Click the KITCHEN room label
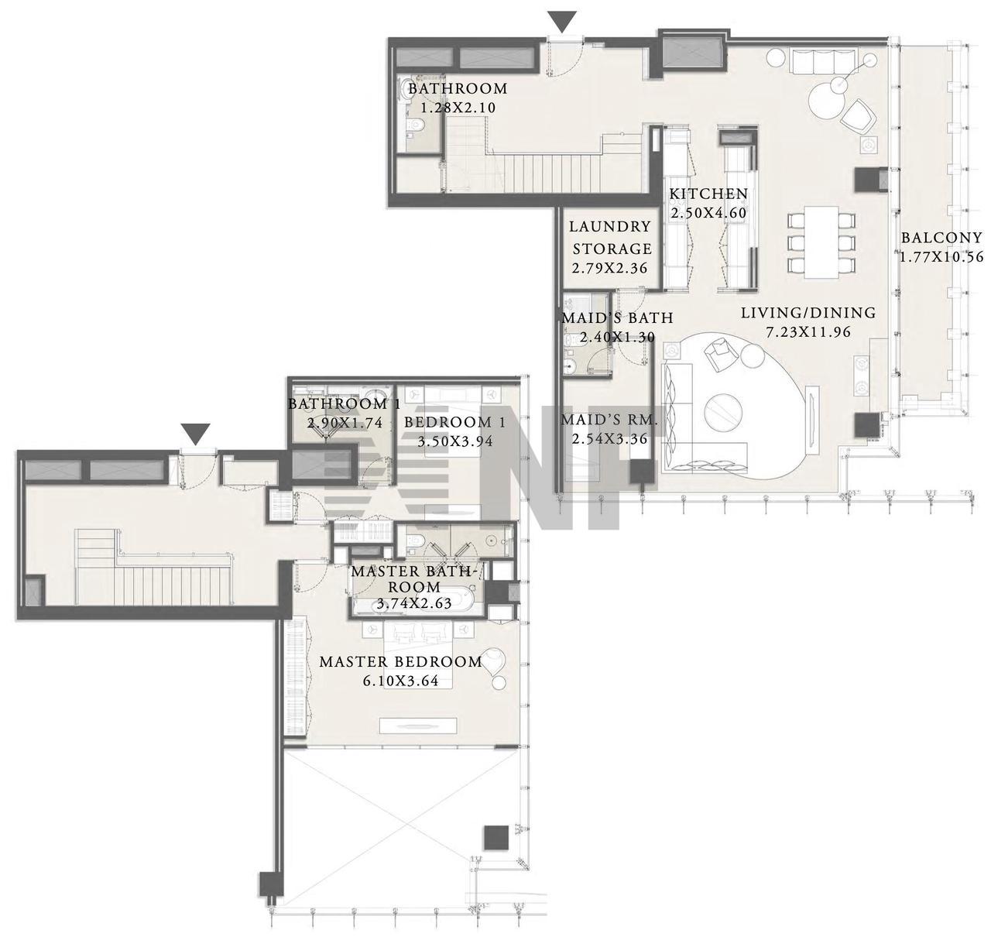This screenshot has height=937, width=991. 708,194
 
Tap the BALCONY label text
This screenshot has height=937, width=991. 941,238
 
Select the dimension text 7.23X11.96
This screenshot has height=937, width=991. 808,332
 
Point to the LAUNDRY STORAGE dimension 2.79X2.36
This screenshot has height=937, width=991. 609,268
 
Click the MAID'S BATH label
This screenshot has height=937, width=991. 618,317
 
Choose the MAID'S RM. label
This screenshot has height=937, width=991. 609,420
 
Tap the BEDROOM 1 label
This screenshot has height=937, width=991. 454,422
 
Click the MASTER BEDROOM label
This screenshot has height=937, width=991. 401,661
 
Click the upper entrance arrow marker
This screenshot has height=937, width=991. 562,22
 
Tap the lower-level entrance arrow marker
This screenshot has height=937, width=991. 196,434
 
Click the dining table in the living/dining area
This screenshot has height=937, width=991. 821,242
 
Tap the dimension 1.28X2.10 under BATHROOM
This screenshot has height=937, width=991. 458,108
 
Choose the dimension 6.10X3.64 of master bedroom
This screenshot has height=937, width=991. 401,681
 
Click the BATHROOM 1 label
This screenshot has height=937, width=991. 345,403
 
